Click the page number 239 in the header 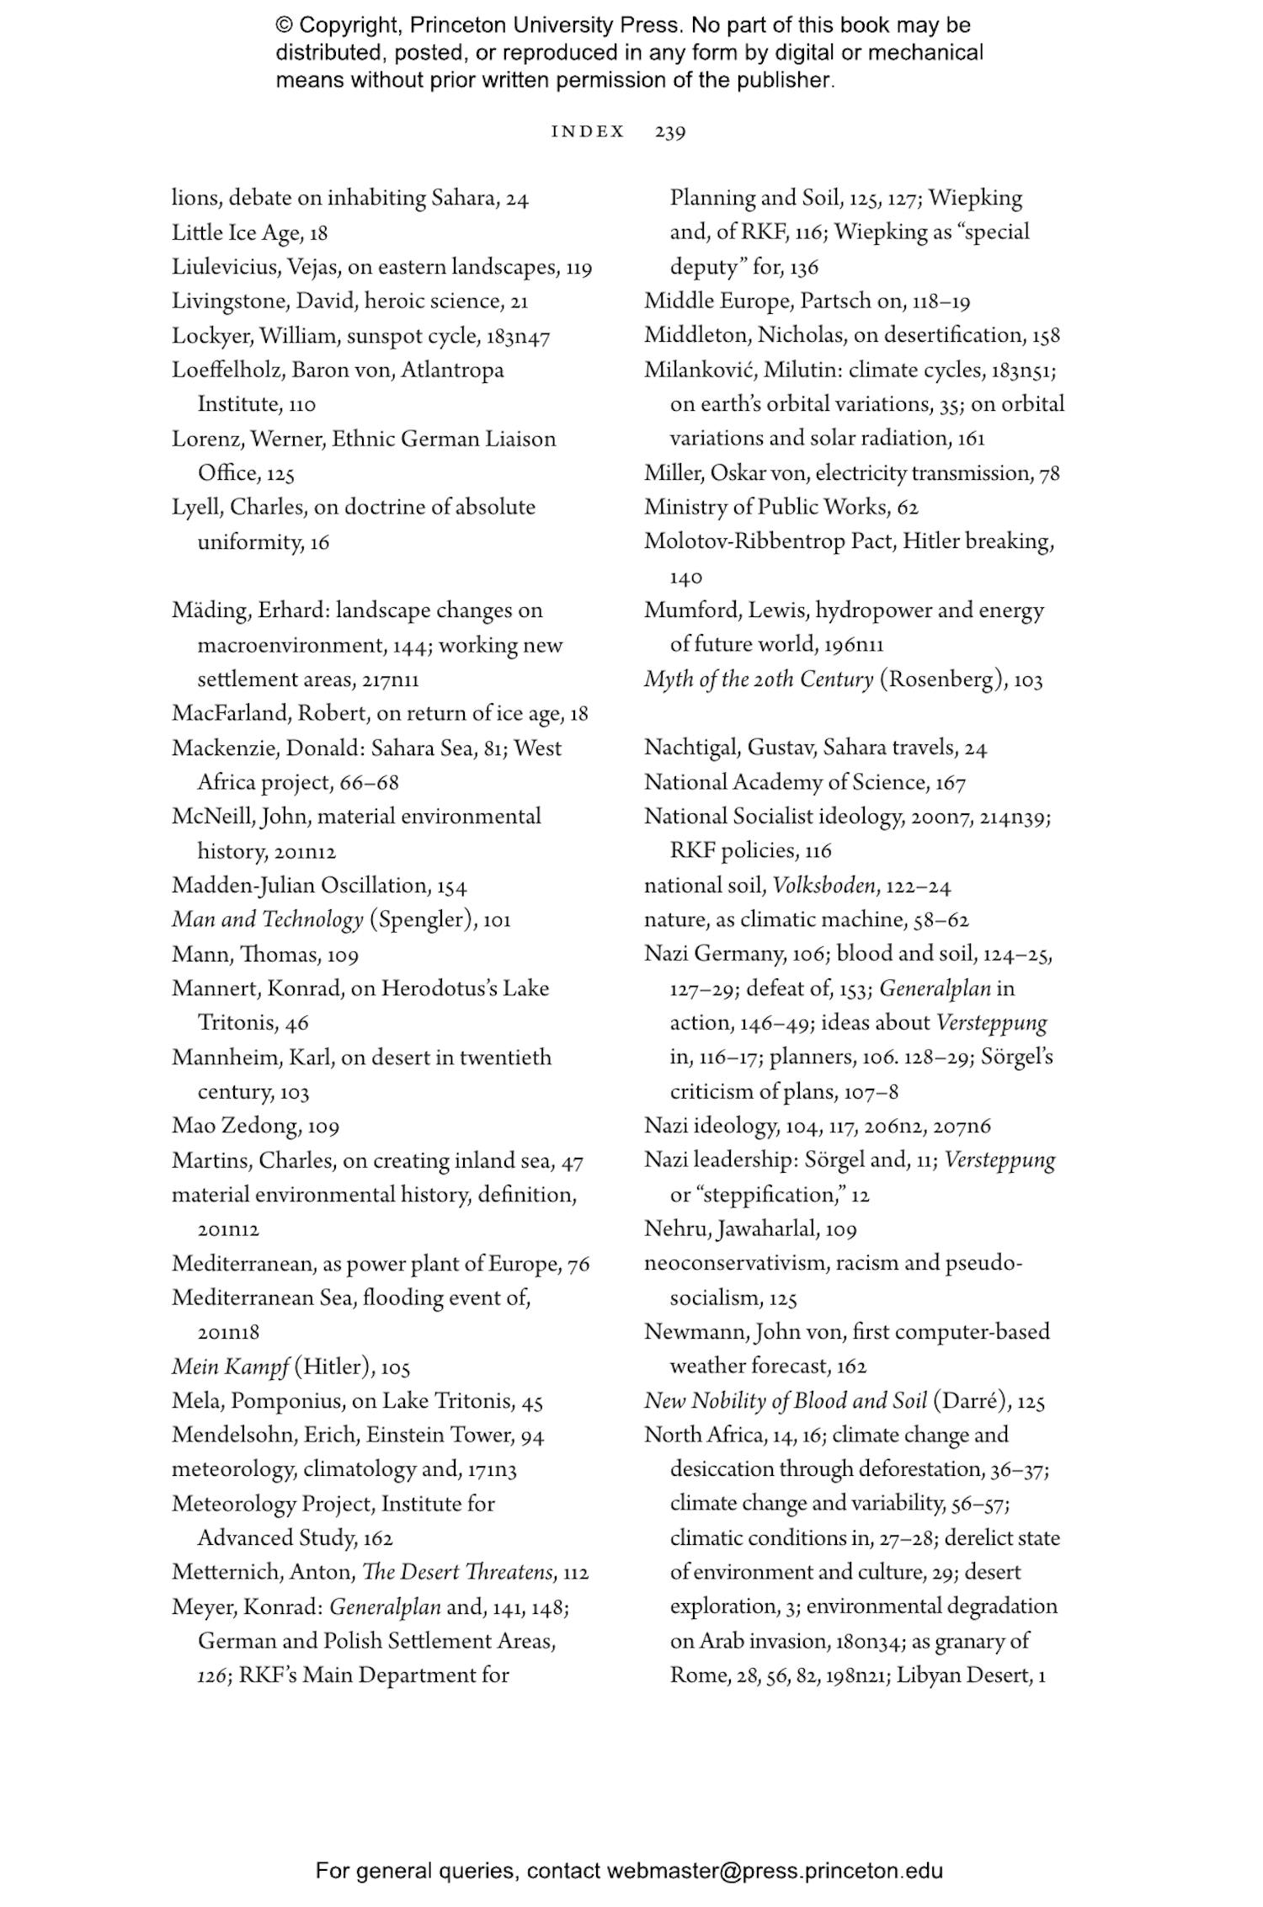pos(669,132)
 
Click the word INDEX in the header pos(588,132)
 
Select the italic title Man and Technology pos(267,919)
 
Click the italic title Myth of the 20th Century pos(758,679)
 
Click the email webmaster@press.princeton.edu pos(775,1871)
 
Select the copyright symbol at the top pos(285,25)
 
